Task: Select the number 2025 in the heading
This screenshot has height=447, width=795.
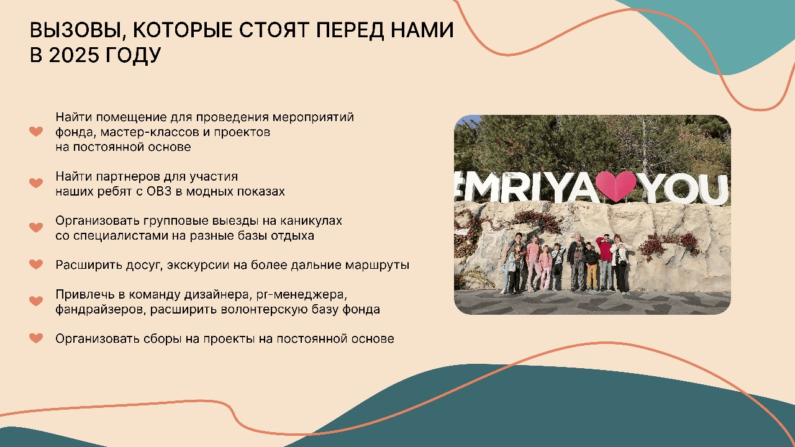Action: point(73,55)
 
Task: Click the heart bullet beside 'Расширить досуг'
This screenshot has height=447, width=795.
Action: point(36,264)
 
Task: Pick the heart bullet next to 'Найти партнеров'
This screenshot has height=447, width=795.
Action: point(36,183)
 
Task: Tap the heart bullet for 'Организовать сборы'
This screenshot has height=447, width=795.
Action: point(36,338)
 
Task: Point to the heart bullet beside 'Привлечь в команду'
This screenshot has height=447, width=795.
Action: point(36,301)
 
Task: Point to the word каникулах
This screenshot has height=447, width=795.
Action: point(311,221)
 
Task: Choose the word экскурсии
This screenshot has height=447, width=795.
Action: point(198,265)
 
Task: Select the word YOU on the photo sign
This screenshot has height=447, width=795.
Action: point(683,189)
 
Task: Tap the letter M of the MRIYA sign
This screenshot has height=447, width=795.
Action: point(484,187)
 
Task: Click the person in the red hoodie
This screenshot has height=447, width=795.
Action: point(606,263)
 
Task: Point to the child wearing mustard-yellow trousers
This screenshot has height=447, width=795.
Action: point(591,267)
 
